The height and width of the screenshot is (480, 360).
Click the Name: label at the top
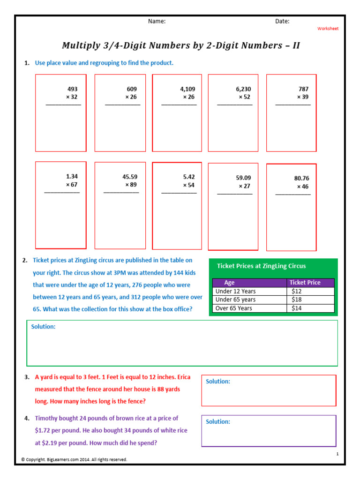coord(157,21)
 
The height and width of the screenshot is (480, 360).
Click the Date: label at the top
coord(282,21)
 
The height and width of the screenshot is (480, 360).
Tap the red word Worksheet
coord(328,29)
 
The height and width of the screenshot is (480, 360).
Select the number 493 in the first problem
coord(73,89)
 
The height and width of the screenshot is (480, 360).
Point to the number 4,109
coord(187,89)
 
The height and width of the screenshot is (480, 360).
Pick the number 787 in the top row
coord(303,89)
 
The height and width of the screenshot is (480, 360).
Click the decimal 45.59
coord(130,177)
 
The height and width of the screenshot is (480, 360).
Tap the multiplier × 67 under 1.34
coord(71,185)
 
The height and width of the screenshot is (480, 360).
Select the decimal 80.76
coord(301,178)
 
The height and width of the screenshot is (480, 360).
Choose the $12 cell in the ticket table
coord(296,291)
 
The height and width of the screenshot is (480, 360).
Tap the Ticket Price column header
coord(305,283)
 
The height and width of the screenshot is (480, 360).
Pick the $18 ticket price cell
coord(296,300)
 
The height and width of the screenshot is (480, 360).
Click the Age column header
coord(229,283)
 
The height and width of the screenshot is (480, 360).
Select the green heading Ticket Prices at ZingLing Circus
coord(261,266)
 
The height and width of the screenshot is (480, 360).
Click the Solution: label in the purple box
coord(218,421)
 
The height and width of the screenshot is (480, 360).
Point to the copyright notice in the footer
coord(74,459)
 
